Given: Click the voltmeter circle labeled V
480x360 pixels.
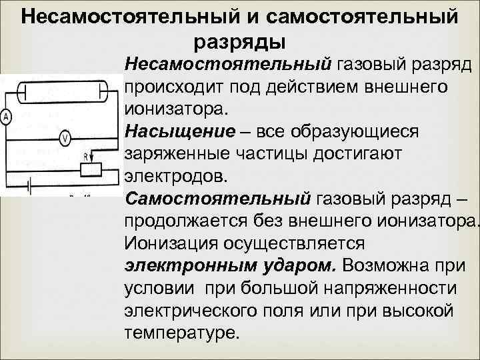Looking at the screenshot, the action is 65,139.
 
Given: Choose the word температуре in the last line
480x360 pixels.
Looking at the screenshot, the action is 180,331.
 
